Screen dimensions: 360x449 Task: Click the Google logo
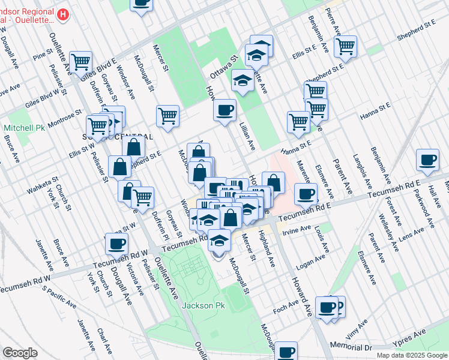pos(20,353)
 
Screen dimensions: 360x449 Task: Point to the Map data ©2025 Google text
pos(411,355)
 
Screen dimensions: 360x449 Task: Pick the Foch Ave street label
pos(286,306)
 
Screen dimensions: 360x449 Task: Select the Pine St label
pos(43,56)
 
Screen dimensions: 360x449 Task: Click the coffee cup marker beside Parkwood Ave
pos(427,160)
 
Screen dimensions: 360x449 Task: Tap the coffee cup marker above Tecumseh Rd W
pos(116,243)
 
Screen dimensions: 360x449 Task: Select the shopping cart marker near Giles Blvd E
pos(80,61)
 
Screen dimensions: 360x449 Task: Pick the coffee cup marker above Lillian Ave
pos(224,110)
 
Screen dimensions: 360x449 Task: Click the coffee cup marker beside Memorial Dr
pos(286,352)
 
